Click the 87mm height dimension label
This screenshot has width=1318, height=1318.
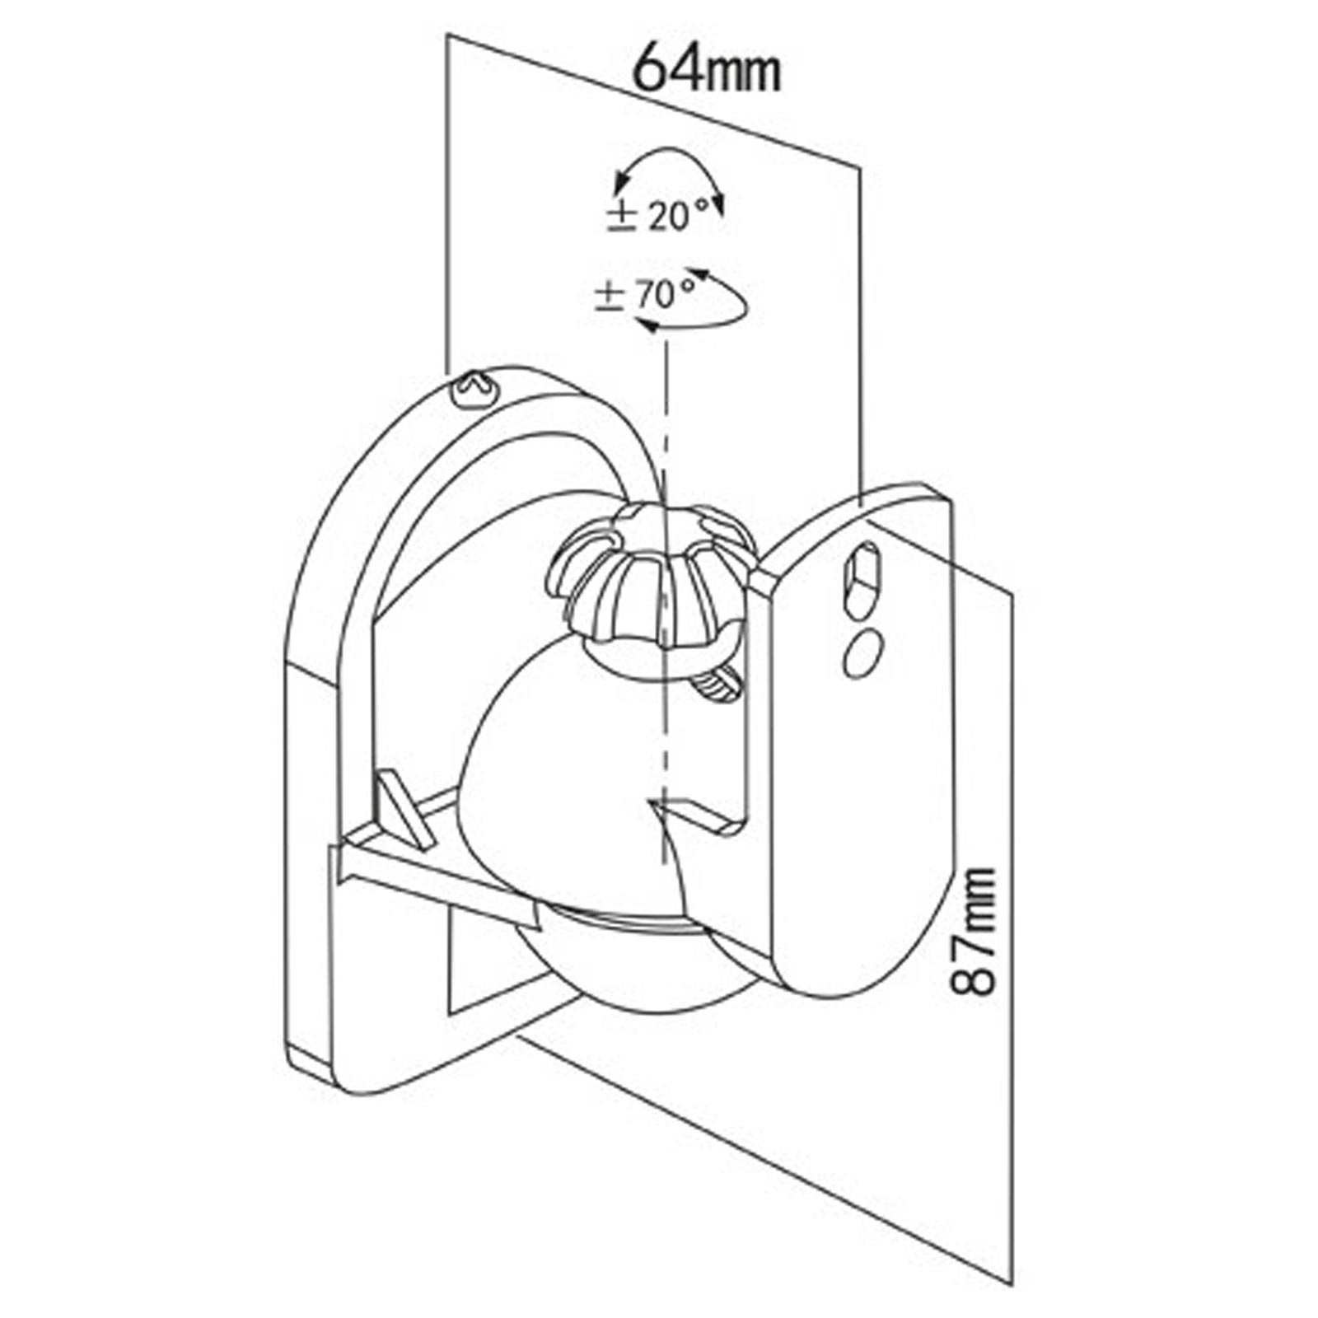(x=974, y=931)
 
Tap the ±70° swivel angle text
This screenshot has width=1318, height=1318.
(x=645, y=294)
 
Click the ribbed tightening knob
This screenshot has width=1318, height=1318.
(x=651, y=576)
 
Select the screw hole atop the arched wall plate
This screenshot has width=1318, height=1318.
(x=475, y=387)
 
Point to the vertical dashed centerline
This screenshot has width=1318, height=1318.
(x=663, y=577)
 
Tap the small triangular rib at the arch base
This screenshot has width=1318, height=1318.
(x=405, y=810)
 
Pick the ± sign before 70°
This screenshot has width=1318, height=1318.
(x=610, y=296)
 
